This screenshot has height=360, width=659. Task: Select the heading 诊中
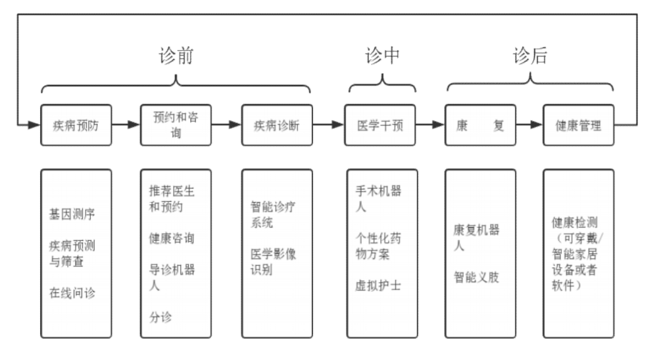[382, 56]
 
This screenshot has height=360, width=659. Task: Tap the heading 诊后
[530, 56]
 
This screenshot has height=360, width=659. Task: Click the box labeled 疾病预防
[76, 125]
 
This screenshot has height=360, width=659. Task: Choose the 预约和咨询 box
[176, 125]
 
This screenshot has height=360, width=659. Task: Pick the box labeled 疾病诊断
[276, 125]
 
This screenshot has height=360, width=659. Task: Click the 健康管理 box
[578, 125]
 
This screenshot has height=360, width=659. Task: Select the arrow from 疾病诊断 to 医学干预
[328, 125]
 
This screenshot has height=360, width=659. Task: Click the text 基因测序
[72, 214]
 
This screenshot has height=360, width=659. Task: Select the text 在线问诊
[72, 293]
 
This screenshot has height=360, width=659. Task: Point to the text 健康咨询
[171, 238]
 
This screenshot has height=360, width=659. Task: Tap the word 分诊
[160, 317]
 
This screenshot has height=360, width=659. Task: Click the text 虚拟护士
[378, 285]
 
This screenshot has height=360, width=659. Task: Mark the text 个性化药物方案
[378, 245]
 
